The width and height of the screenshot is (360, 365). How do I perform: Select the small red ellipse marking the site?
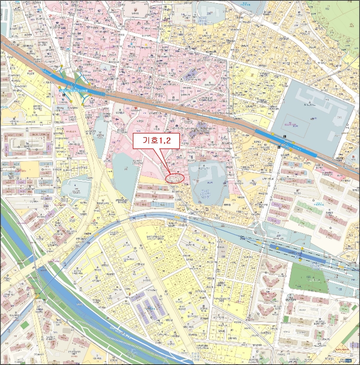tap(175, 177)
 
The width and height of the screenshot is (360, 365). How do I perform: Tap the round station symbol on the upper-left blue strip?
tap(73, 85)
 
